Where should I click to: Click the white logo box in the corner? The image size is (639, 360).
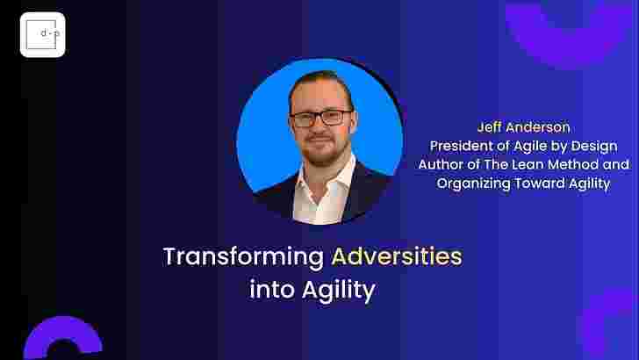coord(42,34)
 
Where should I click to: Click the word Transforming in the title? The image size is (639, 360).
coord(243,257)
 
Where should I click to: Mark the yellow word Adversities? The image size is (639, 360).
coord(398,257)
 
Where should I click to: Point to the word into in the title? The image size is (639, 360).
coord(272,290)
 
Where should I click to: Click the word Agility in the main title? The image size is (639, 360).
coord(339,292)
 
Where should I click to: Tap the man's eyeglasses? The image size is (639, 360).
coord(320,119)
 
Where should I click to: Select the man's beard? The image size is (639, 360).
coord(323,152)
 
